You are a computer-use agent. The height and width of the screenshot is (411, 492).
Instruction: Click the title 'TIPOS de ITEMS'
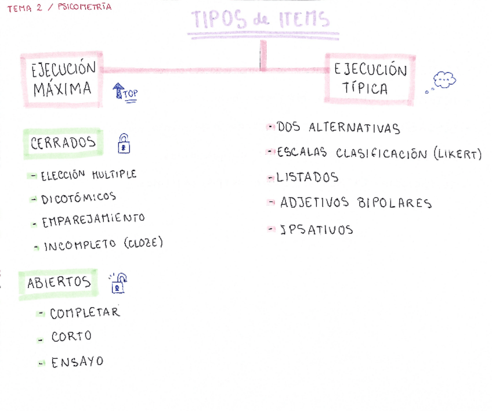click(261, 21)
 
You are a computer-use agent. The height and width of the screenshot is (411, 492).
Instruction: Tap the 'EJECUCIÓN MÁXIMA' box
click(63, 79)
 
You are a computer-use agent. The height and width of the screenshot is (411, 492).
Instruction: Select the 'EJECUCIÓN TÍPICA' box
click(370, 79)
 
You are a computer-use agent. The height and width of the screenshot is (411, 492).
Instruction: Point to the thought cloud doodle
click(443, 80)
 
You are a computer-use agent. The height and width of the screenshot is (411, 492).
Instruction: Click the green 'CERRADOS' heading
click(63, 143)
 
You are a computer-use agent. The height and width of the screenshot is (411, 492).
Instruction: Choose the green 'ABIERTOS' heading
click(59, 283)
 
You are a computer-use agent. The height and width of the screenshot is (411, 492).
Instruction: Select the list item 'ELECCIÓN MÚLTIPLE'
click(88, 175)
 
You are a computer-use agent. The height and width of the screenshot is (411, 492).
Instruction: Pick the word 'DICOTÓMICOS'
click(78, 199)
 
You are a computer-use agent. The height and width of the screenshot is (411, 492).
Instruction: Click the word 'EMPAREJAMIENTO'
click(93, 221)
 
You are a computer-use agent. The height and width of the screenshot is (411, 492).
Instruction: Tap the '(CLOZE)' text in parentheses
click(143, 243)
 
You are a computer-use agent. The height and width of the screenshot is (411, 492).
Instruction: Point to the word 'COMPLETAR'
click(85, 313)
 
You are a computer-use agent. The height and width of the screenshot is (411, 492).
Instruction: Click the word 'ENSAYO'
click(77, 362)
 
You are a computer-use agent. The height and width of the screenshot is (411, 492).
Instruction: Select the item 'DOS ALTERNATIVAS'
click(338, 128)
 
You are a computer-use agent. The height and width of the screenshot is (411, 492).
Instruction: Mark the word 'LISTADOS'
click(307, 178)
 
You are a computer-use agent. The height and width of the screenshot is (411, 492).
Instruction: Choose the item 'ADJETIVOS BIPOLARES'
click(356, 203)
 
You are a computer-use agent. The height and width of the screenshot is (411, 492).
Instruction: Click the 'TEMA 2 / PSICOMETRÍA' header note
click(59, 8)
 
